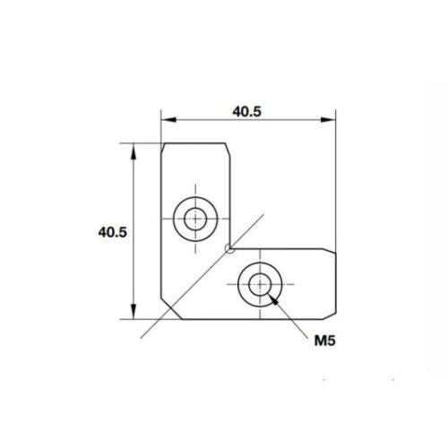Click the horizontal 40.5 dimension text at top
coord(247,112)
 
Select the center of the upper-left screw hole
coord(193,217)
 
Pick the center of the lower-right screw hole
coord(260,284)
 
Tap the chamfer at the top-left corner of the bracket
coord(164,143)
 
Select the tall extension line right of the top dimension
coord(335,179)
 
